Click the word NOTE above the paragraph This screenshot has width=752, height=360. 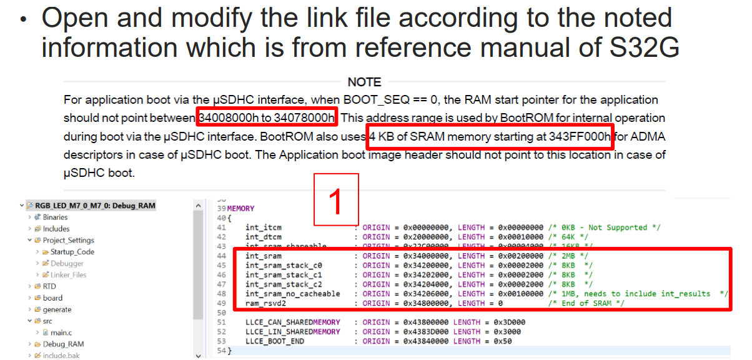[x=364, y=82]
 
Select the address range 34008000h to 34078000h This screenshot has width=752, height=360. [x=267, y=117]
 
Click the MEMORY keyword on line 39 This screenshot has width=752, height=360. [x=241, y=208]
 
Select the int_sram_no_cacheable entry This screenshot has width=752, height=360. [x=292, y=294]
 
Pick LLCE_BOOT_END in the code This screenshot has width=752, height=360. [x=275, y=341]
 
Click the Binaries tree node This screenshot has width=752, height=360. [x=55, y=217]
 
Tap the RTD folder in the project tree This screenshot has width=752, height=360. [x=49, y=286]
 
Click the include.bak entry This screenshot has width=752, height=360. [x=61, y=356]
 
